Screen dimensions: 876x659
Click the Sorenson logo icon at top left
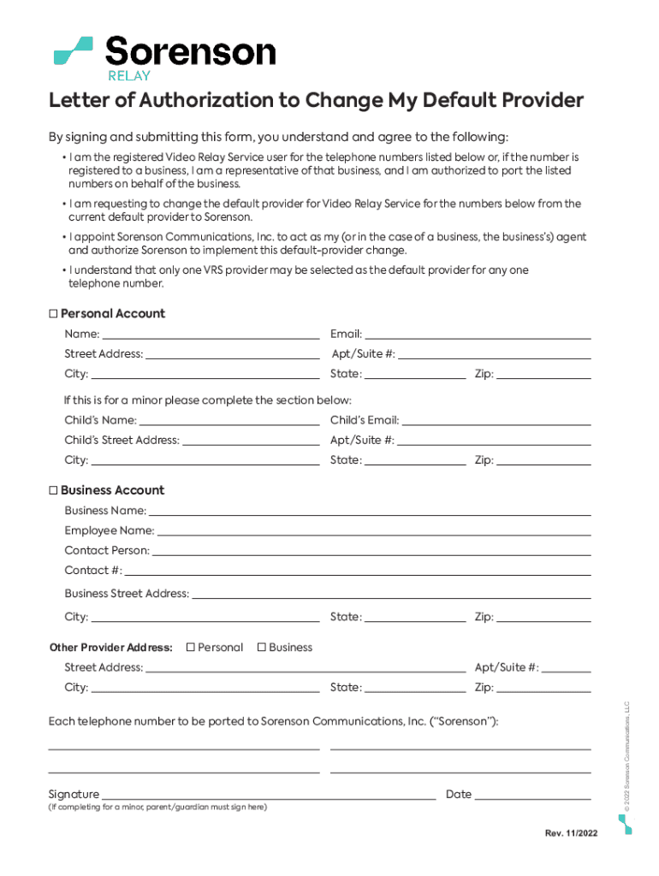click(x=73, y=50)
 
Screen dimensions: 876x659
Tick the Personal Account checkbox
click(x=53, y=314)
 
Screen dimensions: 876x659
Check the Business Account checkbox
click(x=53, y=491)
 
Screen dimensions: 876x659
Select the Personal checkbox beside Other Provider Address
click(x=191, y=648)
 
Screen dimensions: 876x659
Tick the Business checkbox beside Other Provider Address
click(x=262, y=648)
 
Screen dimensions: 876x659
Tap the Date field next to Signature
click(x=532, y=794)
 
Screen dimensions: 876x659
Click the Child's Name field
click(x=229, y=420)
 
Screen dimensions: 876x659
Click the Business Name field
click(x=370, y=511)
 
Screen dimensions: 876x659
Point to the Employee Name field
click(x=373, y=530)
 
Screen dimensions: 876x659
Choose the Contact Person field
click(x=371, y=550)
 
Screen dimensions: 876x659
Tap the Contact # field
click(x=358, y=571)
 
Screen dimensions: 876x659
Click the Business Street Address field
click(x=391, y=594)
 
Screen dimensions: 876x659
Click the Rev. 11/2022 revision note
click(x=571, y=835)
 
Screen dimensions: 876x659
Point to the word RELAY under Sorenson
click(x=128, y=75)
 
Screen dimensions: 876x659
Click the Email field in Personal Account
click(x=478, y=334)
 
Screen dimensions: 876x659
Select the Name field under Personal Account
click(x=211, y=334)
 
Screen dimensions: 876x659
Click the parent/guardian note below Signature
click(x=157, y=808)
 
